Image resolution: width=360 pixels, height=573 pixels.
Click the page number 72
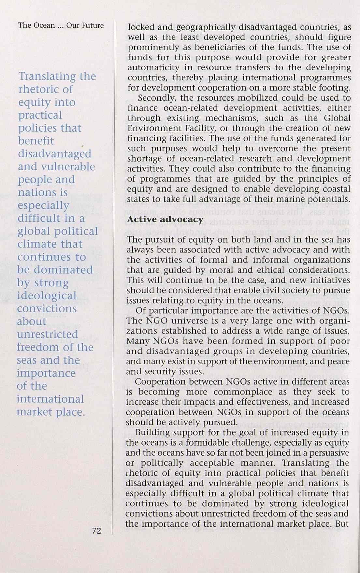pos(97,531)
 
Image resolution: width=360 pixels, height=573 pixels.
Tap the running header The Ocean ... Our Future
pos(61,25)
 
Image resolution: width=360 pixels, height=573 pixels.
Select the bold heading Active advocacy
pos(165,220)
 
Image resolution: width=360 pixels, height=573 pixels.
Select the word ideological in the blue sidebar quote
pos(47,296)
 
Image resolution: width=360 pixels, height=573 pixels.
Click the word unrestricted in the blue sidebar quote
pos(47,335)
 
